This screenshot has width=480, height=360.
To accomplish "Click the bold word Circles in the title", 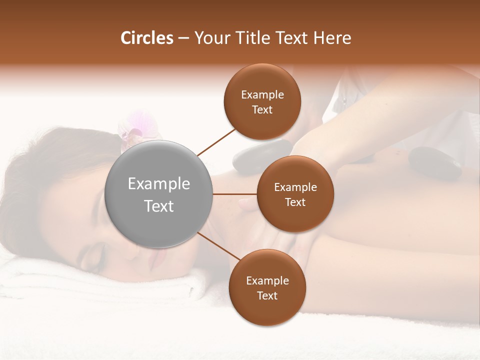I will tap(146, 38).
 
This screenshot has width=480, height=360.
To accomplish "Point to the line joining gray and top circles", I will tap(216, 142).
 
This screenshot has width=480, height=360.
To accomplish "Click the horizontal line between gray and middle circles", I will tap(235, 194).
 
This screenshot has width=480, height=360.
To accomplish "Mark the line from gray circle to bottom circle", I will tap(219, 246).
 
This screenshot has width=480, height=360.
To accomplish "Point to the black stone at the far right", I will tap(434, 163).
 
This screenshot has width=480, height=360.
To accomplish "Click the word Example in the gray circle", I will tap(159, 184).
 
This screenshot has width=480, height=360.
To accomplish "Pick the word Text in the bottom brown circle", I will tap(267, 295).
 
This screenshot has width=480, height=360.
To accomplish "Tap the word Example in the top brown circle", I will tap(262, 94).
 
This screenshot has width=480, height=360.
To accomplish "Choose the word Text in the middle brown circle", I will tap(295, 202).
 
